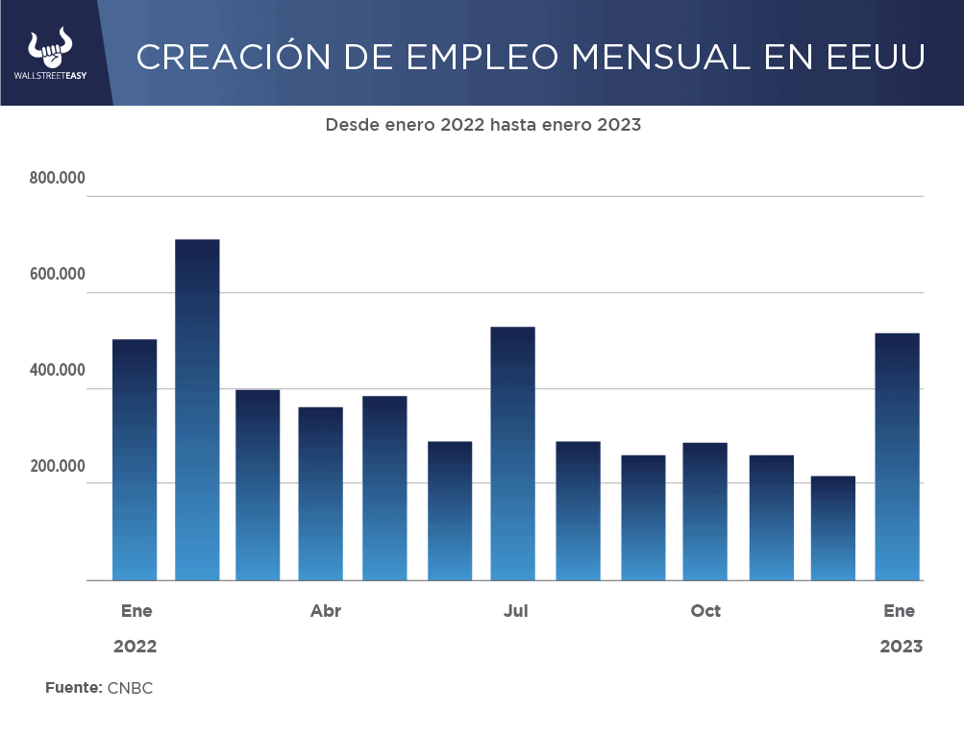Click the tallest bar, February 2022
click(x=197, y=410)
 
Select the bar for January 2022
click(x=135, y=460)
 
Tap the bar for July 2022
click(x=512, y=453)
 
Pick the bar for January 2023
click(x=897, y=457)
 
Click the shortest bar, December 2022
click(x=832, y=528)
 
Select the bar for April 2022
click(x=320, y=494)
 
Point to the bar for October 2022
click(x=704, y=511)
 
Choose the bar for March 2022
click(x=258, y=485)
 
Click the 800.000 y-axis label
click(x=58, y=179)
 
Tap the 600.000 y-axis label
click(x=58, y=275)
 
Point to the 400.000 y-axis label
click(x=58, y=371)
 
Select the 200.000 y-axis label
click(x=58, y=467)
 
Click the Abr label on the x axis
click(x=326, y=611)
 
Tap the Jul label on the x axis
click(x=515, y=611)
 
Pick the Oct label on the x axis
click(x=705, y=611)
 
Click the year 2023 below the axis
click(x=901, y=647)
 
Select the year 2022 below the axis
click(x=135, y=647)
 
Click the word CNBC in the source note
click(x=130, y=688)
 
